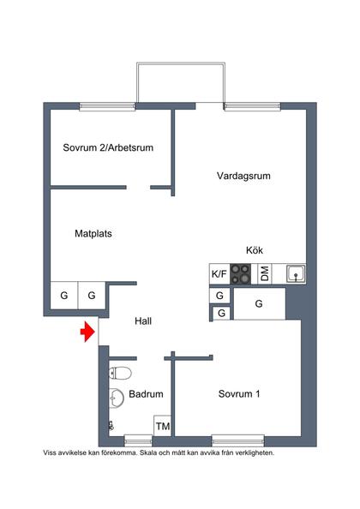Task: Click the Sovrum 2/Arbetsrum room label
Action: (x=107, y=147)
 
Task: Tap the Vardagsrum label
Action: (x=243, y=176)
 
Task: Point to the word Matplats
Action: (x=93, y=232)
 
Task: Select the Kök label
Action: (x=254, y=250)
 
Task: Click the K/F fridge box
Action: (x=219, y=274)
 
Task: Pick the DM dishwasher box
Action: (x=265, y=274)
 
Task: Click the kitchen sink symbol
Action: (x=296, y=274)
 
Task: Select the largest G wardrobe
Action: (x=259, y=303)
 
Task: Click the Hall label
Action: (x=143, y=321)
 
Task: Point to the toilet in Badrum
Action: (x=120, y=373)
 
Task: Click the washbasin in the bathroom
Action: (x=115, y=396)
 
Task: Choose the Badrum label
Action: (x=146, y=394)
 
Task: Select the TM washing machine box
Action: (x=162, y=426)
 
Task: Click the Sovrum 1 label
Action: (x=239, y=394)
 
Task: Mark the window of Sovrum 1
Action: (x=237, y=440)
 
